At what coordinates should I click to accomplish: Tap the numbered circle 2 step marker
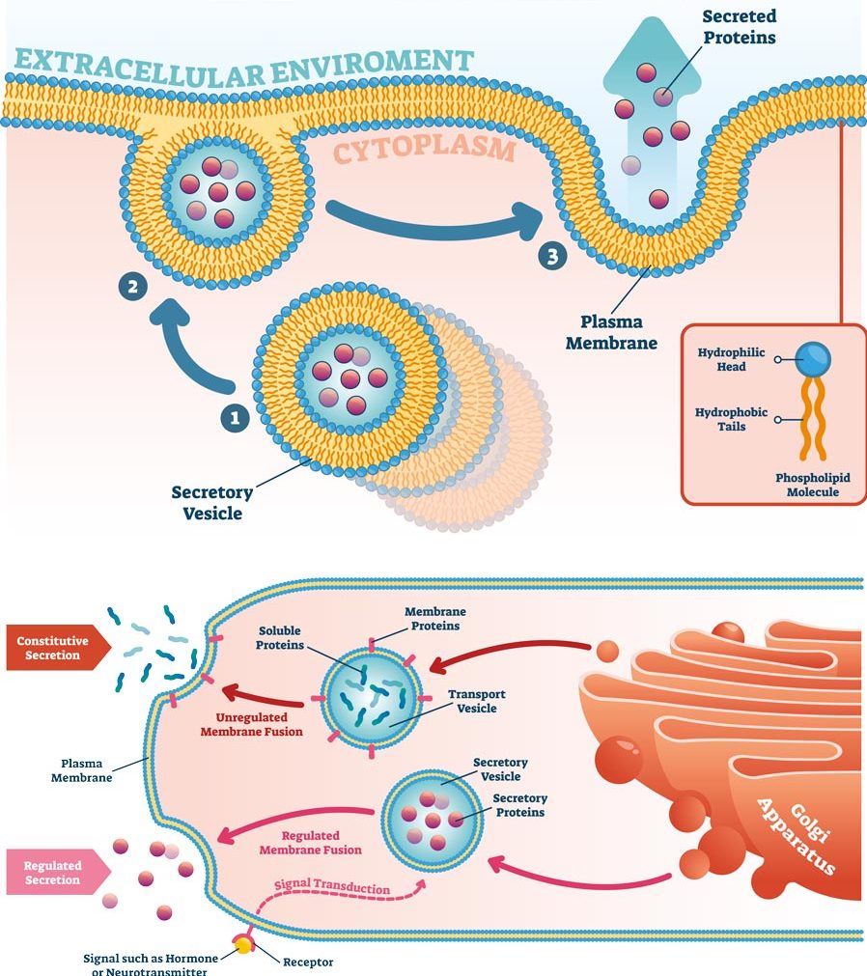[x=132, y=286]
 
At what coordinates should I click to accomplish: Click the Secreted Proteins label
[x=740, y=27]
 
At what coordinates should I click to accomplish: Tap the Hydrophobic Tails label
[x=731, y=419]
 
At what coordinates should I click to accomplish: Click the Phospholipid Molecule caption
[x=807, y=485]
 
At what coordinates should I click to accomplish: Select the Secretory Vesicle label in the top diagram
[x=212, y=502]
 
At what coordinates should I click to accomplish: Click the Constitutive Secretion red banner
[x=53, y=647]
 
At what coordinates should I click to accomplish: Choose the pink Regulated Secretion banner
[x=53, y=873]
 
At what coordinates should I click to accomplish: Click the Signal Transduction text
[x=332, y=887]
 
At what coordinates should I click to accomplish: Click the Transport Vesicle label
[x=477, y=701]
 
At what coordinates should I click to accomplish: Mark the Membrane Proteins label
[x=435, y=619]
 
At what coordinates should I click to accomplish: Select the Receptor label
[x=307, y=962]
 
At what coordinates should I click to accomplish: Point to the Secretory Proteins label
[x=519, y=805]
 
